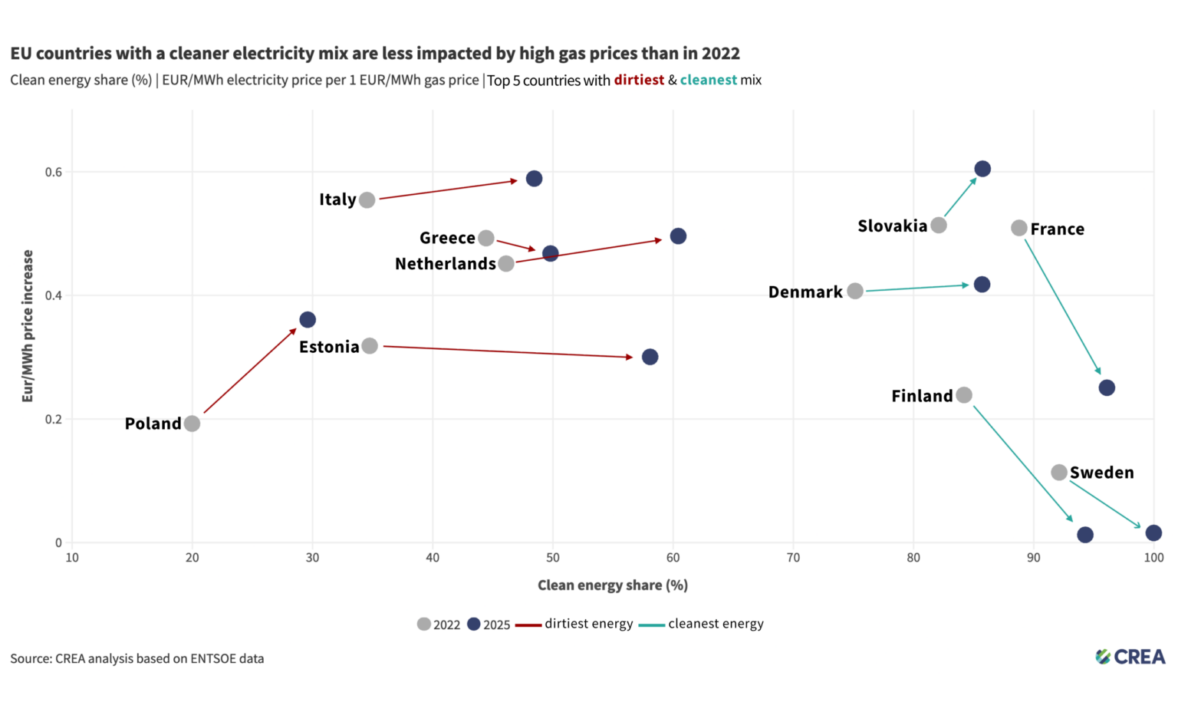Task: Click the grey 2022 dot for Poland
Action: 192,424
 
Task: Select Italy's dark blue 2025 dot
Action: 534,179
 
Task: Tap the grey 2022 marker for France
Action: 1018,228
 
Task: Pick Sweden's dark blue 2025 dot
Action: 1153,532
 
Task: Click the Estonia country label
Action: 329,347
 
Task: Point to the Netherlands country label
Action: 445,264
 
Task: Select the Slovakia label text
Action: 892,226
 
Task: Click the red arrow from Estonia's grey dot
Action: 506,351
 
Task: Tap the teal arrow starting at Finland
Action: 1022,463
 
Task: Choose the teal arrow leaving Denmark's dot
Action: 916,288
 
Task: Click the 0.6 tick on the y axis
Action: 54,172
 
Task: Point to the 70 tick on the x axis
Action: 793,558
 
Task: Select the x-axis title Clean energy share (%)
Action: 612,585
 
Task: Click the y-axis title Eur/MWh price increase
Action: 28,325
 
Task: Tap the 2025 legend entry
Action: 489,625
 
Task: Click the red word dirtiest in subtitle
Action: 638,80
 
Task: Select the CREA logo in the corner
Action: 1130,657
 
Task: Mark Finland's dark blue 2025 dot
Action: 1084,535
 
